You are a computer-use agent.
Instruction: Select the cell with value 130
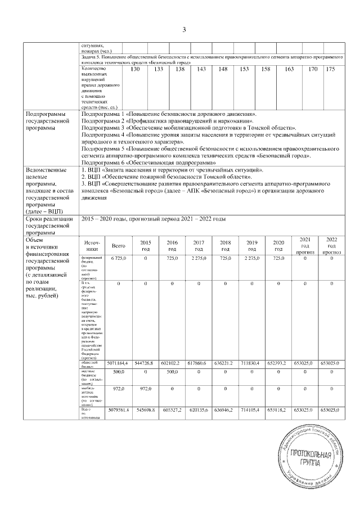pos(135,69)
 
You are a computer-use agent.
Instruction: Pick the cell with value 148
pos(223,69)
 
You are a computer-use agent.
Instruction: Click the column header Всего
pos(119,245)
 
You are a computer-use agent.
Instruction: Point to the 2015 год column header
pos(146,245)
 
